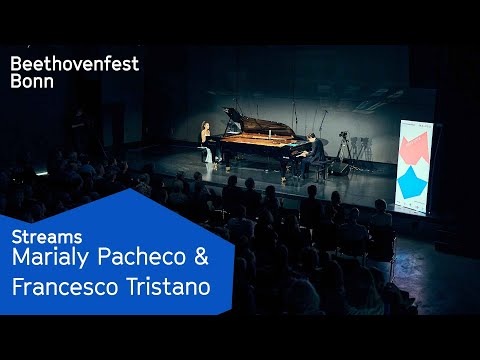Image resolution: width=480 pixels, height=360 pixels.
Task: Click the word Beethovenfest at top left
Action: (x=74, y=64)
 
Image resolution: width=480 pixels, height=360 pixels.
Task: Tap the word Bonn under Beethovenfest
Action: (x=32, y=83)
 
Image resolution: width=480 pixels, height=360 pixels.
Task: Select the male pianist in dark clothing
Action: (x=316, y=152)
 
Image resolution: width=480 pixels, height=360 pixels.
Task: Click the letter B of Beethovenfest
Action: (x=16, y=64)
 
